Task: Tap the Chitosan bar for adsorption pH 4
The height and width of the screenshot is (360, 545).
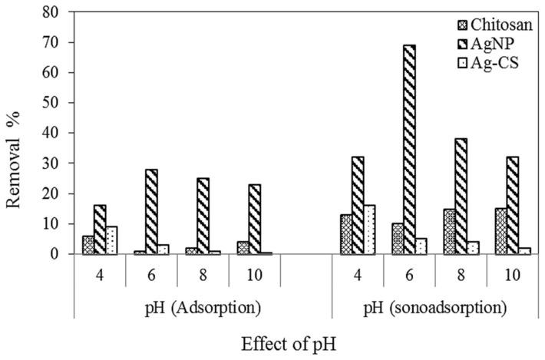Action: [x=88, y=244]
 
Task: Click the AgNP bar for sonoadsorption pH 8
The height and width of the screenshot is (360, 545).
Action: [x=461, y=196]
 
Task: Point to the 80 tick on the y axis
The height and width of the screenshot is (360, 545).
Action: [x=54, y=13]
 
